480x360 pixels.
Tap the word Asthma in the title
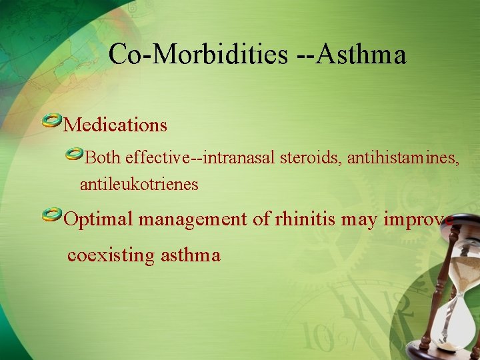click(x=361, y=54)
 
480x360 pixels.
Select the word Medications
click(x=115, y=125)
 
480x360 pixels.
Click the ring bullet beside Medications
click(x=51, y=121)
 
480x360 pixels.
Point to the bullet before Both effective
click(x=74, y=155)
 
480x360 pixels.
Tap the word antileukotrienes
click(x=139, y=185)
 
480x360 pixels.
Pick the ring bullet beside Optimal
click(x=51, y=215)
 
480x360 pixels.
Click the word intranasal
click(x=241, y=159)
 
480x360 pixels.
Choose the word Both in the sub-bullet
click(x=103, y=159)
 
